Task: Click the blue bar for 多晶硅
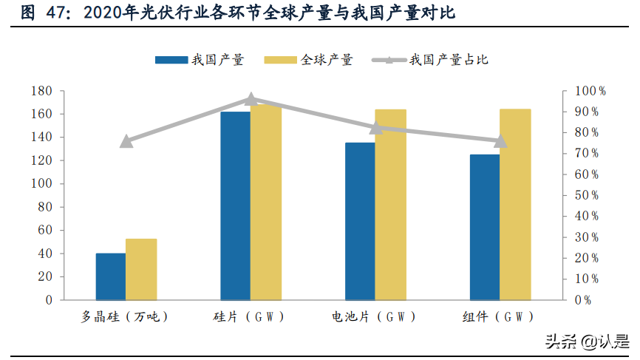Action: [111, 276]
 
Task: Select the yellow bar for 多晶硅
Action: [141, 269]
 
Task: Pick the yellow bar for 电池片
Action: [391, 205]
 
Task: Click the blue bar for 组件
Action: [485, 227]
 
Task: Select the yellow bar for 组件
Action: [515, 205]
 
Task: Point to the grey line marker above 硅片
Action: [251, 99]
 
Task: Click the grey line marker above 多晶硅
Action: [126, 141]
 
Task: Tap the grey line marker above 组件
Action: [500, 140]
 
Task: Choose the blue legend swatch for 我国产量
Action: [171, 60]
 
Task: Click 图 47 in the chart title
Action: [41, 13]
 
